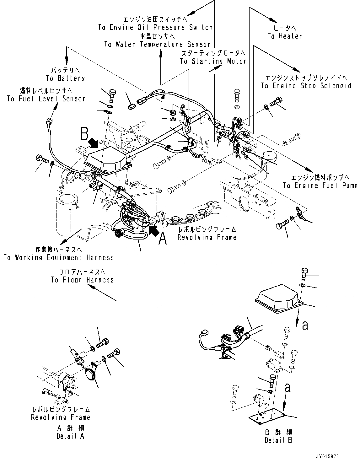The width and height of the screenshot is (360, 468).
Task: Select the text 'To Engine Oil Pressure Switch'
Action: (x=155, y=27)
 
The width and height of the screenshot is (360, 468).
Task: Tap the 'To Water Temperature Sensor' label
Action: (x=157, y=44)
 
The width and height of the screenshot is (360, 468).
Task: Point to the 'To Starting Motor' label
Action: (x=213, y=61)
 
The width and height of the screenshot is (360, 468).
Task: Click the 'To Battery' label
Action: (x=65, y=78)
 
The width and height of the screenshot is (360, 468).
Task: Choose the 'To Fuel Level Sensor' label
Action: (x=46, y=99)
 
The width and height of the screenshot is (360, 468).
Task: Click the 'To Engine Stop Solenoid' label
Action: (x=306, y=85)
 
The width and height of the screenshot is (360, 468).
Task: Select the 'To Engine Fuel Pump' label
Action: (x=320, y=185)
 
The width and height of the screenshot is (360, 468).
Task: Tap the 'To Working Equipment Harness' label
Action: (x=59, y=257)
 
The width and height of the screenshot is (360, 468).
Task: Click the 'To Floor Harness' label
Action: (x=82, y=279)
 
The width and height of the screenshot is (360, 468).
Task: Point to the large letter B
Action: (x=84, y=134)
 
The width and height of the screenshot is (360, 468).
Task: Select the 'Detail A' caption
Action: (x=70, y=436)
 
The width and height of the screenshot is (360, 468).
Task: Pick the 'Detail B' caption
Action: (x=278, y=440)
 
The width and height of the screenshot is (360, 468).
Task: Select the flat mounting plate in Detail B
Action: (x=267, y=416)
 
